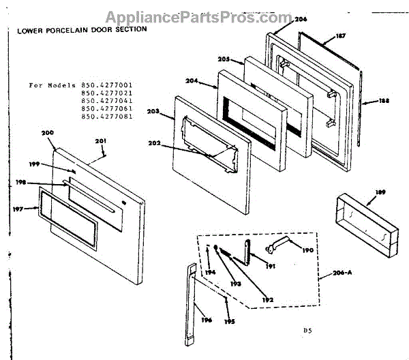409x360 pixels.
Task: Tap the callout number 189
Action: (x=371, y=193)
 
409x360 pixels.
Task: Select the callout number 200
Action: (x=47, y=133)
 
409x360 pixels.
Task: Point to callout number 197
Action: (x=19, y=210)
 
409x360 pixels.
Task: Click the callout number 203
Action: (x=154, y=111)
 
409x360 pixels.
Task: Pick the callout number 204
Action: (x=192, y=81)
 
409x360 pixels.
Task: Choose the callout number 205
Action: (x=225, y=59)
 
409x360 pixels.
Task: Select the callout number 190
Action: (x=307, y=250)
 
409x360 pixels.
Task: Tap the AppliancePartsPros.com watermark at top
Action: (x=204, y=14)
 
